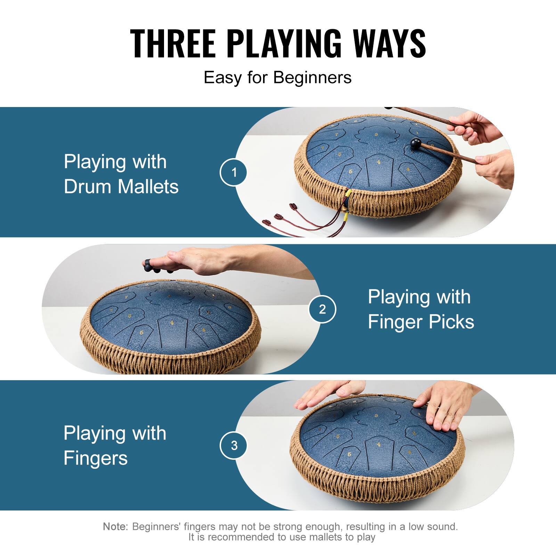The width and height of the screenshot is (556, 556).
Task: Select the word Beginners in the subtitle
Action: tap(312, 77)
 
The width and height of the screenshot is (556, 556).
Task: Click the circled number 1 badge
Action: tap(234, 172)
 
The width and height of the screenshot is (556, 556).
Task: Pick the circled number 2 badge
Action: tap(322, 309)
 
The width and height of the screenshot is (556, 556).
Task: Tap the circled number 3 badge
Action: tap(234, 445)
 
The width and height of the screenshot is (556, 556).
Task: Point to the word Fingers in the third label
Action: tap(96, 458)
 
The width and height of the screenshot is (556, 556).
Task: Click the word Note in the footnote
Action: tap(115, 526)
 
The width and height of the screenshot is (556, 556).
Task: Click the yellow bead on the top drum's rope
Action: tap(349, 192)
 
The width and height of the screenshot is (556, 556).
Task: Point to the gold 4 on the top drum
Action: tap(378, 162)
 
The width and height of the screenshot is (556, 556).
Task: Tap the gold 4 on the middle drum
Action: tap(172, 323)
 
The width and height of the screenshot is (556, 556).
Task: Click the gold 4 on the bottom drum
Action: tap(378, 444)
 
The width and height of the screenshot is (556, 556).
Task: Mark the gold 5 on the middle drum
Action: tap(141, 333)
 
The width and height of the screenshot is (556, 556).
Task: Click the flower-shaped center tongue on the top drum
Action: tap(376, 134)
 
